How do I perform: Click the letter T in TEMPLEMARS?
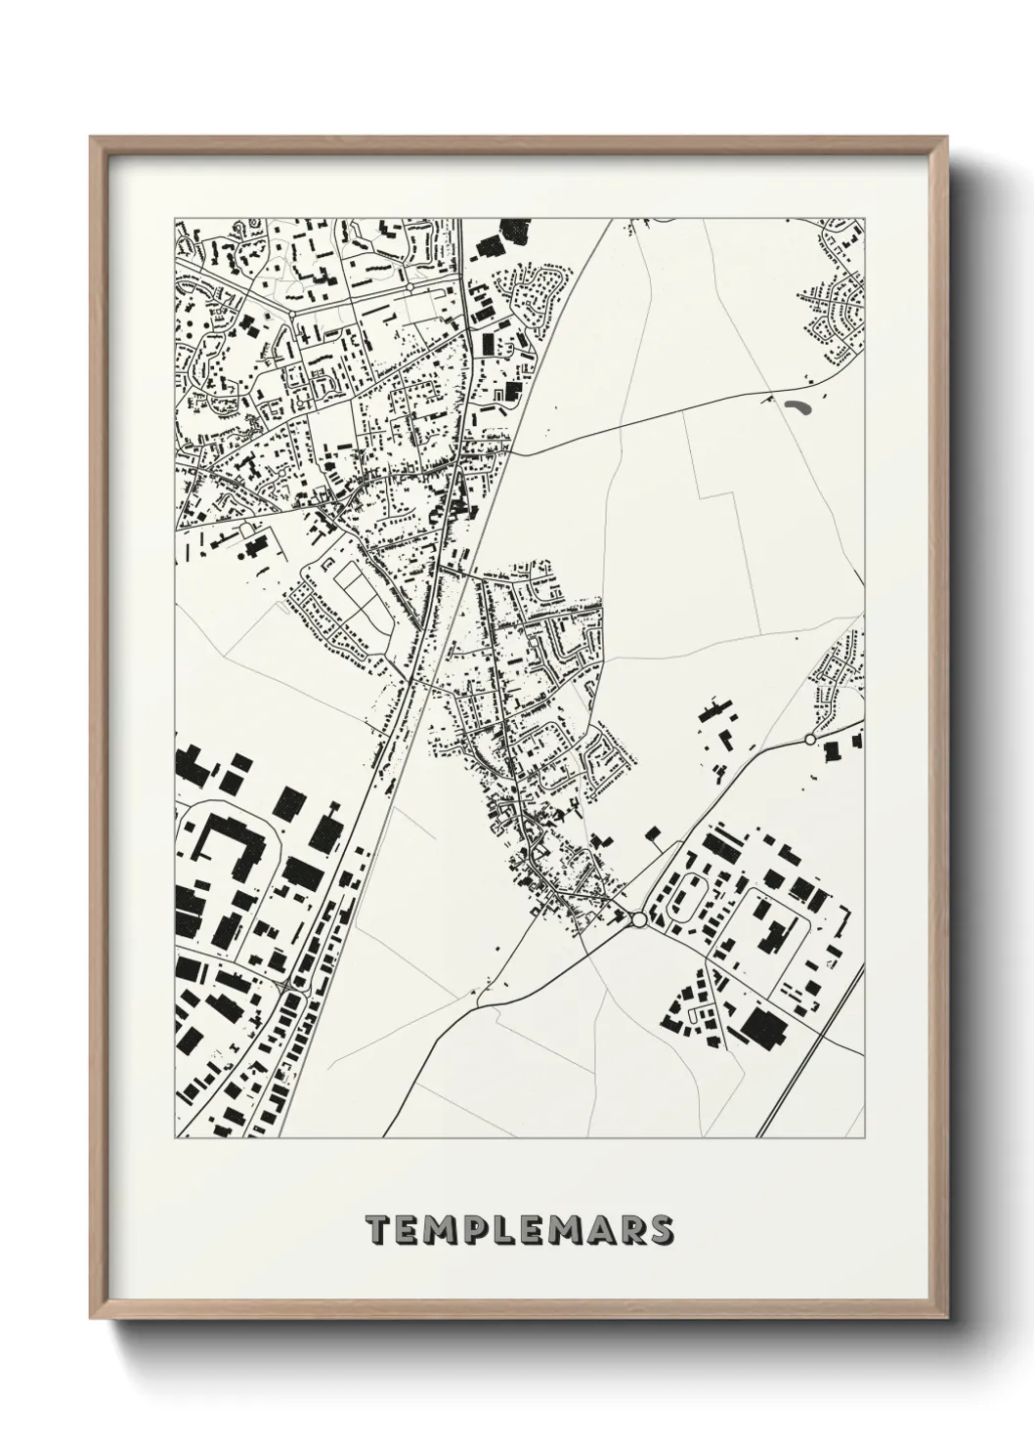click(x=377, y=1230)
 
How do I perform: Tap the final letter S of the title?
click(x=659, y=1230)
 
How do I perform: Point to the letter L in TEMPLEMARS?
click(x=503, y=1230)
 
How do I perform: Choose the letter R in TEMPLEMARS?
click(x=628, y=1230)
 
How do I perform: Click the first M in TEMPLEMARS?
click(x=440, y=1230)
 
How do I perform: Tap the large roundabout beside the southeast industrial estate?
click(x=638, y=919)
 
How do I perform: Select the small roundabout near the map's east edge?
click(x=809, y=740)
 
